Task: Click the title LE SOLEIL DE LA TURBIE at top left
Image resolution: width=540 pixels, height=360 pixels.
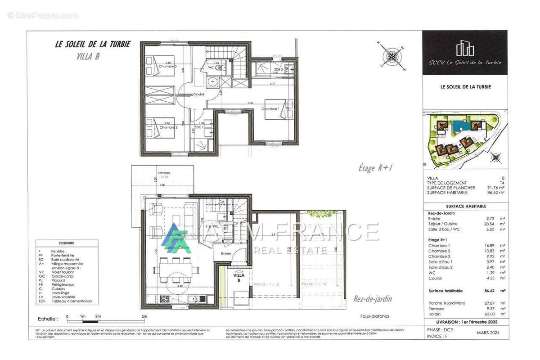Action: coord(92,45)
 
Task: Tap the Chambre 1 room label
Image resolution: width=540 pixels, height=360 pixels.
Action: coord(270,109)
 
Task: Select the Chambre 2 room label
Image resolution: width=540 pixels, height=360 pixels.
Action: coord(167,127)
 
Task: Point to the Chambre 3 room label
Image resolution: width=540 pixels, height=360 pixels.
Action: coord(167,67)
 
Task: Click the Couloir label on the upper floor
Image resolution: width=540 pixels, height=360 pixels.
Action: coord(199,94)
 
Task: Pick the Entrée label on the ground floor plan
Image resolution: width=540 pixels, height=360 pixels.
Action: coord(225,254)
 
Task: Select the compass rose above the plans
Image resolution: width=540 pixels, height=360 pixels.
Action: coord(392,57)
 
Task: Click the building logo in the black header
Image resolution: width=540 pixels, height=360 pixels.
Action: coord(465,48)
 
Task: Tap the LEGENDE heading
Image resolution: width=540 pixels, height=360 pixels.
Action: coord(66,243)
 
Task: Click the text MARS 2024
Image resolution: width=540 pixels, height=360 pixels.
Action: coord(488,333)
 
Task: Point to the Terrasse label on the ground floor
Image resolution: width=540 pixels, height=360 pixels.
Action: coord(164,173)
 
